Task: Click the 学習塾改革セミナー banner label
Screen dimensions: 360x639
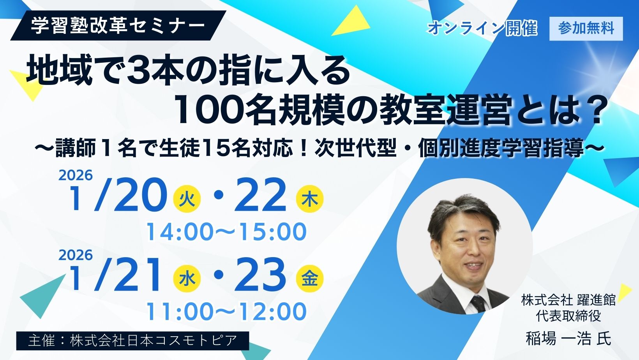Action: (x=118, y=26)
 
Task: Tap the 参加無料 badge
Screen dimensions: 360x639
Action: (x=586, y=28)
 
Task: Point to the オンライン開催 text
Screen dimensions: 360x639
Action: (x=482, y=28)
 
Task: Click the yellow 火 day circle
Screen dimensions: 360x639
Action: (x=187, y=200)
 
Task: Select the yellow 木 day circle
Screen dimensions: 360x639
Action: (x=310, y=200)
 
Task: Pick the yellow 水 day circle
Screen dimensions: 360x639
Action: (x=187, y=279)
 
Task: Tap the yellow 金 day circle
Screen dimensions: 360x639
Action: (x=310, y=279)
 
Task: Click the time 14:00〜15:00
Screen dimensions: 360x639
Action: (x=226, y=232)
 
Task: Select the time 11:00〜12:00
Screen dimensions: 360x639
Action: (x=226, y=311)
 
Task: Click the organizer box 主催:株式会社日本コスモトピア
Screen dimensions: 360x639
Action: (x=132, y=341)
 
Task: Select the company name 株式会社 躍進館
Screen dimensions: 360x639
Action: (x=568, y=300)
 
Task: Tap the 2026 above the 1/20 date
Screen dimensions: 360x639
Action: (x=76, y=175)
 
